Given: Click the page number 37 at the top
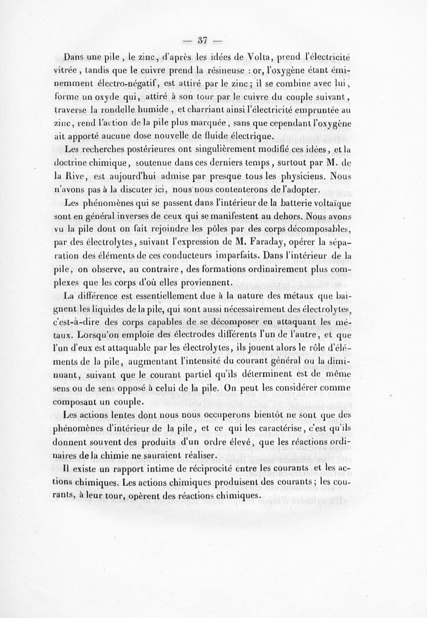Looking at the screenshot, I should [x=202, y=39].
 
